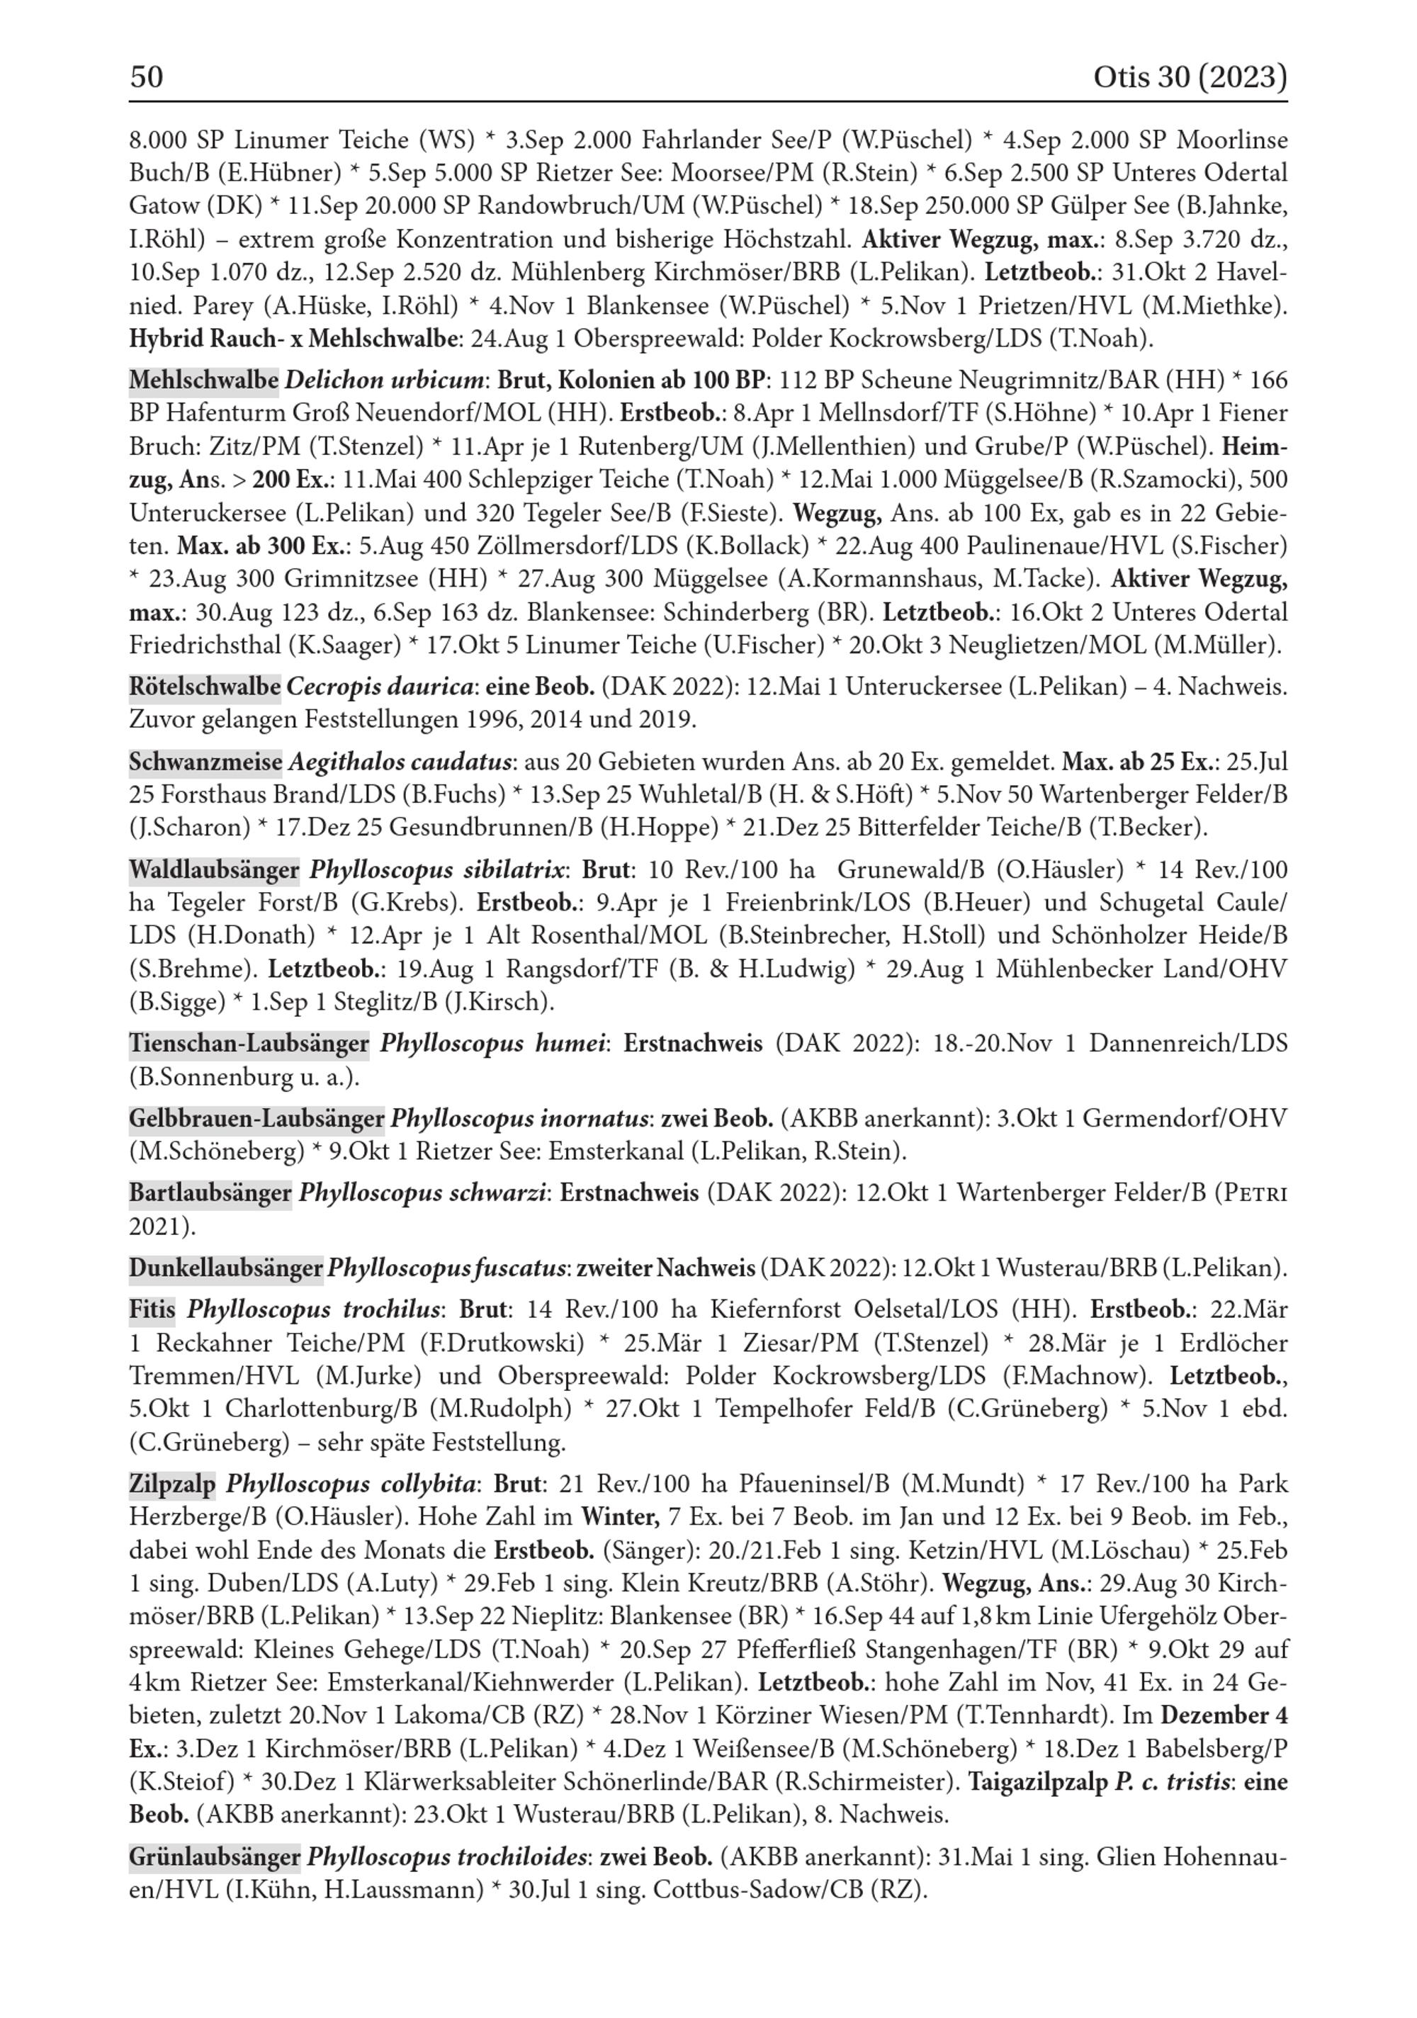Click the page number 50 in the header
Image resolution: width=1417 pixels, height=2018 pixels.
coord(147,77)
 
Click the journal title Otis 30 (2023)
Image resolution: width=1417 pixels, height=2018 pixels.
coord(1190,77)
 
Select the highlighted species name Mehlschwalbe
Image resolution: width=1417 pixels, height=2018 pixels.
coord(204,380)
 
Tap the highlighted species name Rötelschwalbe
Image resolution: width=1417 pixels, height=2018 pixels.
coord(205,686)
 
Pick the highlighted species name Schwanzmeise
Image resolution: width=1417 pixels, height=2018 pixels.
coord(205,760)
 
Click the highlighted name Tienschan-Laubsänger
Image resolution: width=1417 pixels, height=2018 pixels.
coord(249,1043)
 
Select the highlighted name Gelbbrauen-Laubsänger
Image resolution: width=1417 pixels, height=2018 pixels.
coord(256,1118)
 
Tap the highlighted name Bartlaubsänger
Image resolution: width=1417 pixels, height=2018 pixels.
coord(210,1193)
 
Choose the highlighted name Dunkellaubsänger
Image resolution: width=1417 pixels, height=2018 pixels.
coord(226,1268)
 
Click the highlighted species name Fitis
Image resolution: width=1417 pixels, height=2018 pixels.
coord(152,1309)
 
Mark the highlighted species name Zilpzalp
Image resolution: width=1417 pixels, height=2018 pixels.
coord(172,1484)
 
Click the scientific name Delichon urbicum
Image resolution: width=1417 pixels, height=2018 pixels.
coord(384,380)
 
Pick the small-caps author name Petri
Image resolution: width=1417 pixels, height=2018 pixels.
coord(1259,1193)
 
